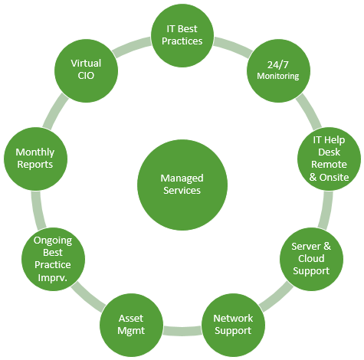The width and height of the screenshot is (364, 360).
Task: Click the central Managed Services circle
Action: tap(182, 185)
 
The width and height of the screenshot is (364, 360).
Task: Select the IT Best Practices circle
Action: tap(182, 35)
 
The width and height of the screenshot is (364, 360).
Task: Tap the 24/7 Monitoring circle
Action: tap(278, 70)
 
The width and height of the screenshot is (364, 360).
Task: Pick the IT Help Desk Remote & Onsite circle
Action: tap(329, 159)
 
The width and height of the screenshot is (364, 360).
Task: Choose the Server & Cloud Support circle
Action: tap(311, 259)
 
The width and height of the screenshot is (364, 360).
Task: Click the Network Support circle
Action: tap(233, 325)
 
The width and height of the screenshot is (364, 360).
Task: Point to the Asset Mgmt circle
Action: tap(131, 325)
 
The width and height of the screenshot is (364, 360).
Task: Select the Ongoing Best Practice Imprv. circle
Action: tap(53, 259)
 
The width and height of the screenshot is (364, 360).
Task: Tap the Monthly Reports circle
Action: tap(35, 159)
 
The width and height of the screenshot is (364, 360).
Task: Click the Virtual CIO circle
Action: tap(86, 70)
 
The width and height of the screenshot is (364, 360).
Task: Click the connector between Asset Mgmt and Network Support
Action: tap(182, 331)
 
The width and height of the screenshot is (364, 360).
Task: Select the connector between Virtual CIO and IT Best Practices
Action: tap(132, 47)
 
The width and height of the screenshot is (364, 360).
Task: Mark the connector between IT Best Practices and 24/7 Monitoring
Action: tap(233, 47)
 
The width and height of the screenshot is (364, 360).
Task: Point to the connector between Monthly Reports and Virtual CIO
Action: tap(56, 111)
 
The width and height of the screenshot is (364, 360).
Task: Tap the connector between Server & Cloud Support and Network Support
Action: tap(276, 296)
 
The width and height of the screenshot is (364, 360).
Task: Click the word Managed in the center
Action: tap(182, 178)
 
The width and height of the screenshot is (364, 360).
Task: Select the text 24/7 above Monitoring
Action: tap(278, 65)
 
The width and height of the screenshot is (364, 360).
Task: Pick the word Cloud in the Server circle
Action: tap(311, 258)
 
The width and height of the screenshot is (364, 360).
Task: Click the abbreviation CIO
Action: tap(86, 76)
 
